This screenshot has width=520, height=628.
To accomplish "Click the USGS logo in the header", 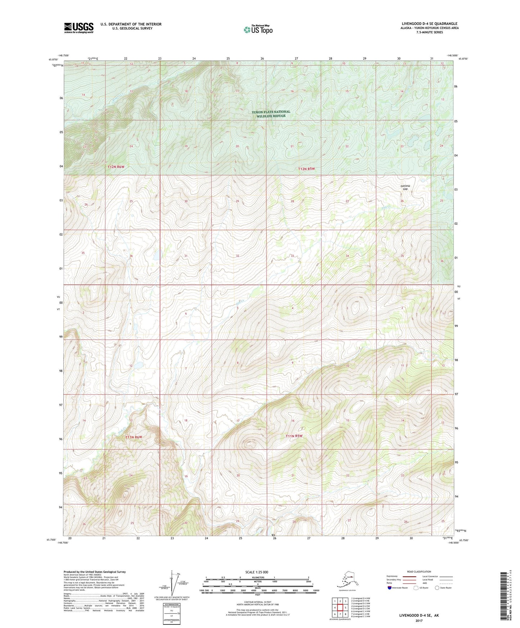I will pos(78,28).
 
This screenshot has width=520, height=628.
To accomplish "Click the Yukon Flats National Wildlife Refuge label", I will pos(271,114).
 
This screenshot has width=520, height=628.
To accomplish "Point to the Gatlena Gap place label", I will pos(405,187).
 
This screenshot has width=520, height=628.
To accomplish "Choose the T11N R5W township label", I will pos(294,436).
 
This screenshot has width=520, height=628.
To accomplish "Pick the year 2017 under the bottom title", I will pos(419,621).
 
